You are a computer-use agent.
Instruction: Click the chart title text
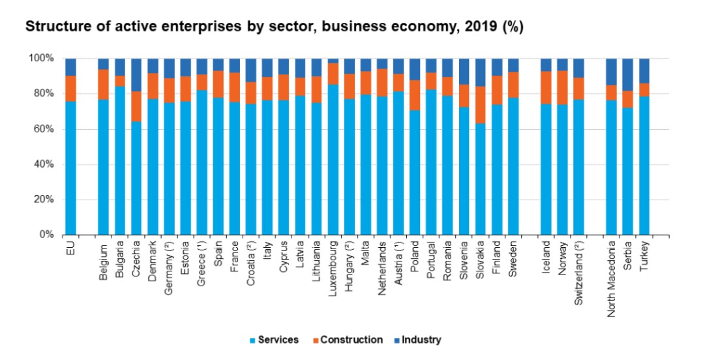pyautogui.click(x=274, y=27)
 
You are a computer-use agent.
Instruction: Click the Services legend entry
pyautogui.click(x=278, y=340)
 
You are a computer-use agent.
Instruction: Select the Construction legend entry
pyautogui.click(x=351, y=340)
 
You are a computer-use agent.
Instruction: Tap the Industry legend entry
pyautogui.click(x=421, y=340)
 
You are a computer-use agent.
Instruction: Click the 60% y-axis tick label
pyautogui.click(x=42, y=129)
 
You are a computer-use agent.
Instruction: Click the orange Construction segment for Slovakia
pyautogui.click(x=481, y=105)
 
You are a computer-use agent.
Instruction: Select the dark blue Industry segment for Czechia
pyautogui.click(x=136, y=74)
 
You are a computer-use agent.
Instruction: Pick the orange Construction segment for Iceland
pyautogui.click(x=546, y=87)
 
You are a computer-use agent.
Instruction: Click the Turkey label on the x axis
pyautogui.click(x=644, y=259)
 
